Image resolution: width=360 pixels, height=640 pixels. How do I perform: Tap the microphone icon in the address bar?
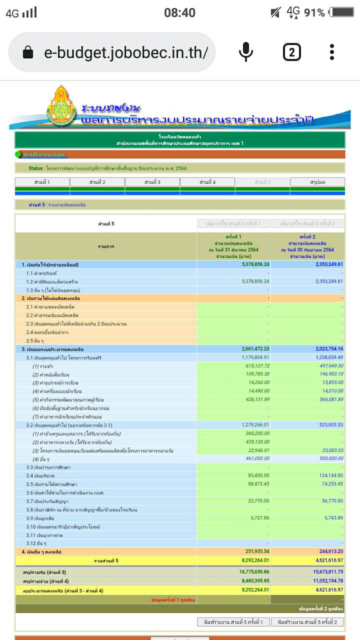(245, 52)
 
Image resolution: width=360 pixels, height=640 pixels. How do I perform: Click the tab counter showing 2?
(292, 52)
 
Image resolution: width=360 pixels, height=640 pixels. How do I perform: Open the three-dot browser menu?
(332, 52)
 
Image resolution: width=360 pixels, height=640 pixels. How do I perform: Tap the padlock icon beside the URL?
(28, 52)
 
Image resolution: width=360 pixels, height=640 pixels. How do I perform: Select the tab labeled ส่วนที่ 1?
(42, 182)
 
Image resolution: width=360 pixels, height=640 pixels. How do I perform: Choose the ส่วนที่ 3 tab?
(152, 182)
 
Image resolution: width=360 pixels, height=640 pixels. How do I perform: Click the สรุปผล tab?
(317, 182)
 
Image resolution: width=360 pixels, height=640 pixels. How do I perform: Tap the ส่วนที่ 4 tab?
(207, 182)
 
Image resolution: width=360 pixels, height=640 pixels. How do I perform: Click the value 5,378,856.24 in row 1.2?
(252, 281)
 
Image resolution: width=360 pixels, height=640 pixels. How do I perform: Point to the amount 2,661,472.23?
(252, 349)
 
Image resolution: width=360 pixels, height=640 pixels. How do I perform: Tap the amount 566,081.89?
(327, 399)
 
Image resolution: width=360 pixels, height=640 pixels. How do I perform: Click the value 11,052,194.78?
(324, 580)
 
